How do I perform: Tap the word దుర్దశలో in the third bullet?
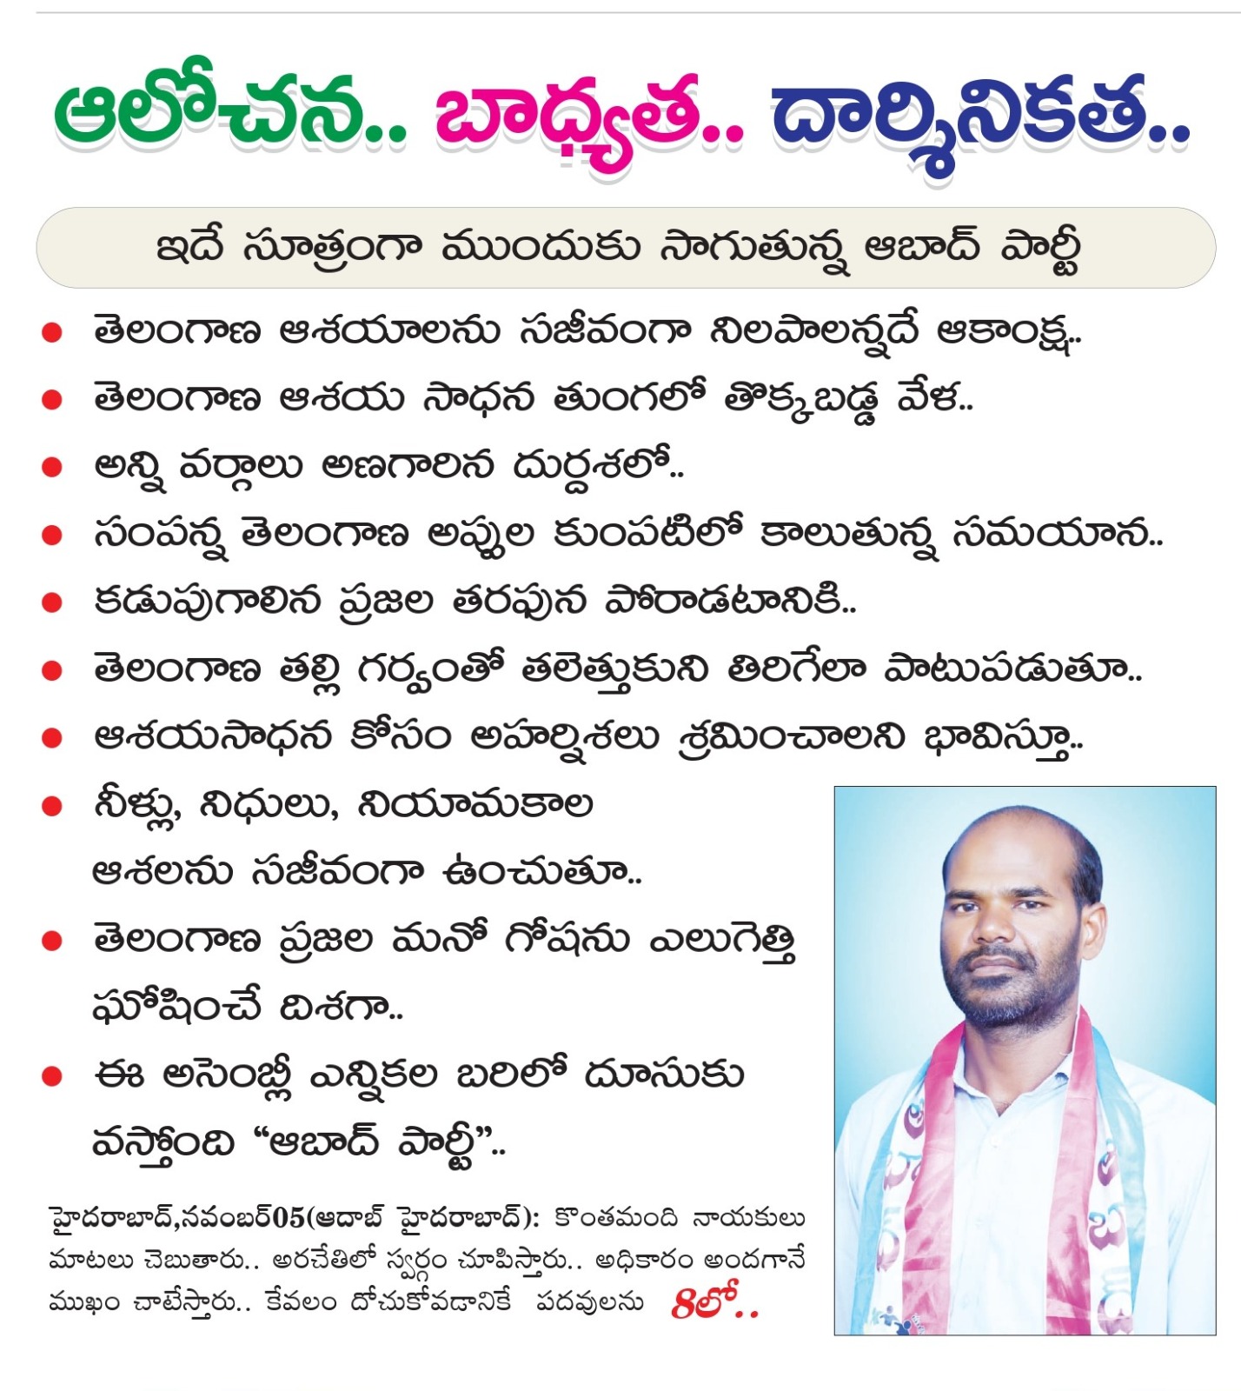click(591, 467)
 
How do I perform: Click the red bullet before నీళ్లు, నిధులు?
click(52, 806)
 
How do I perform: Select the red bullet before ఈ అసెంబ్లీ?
click(52, 1077)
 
